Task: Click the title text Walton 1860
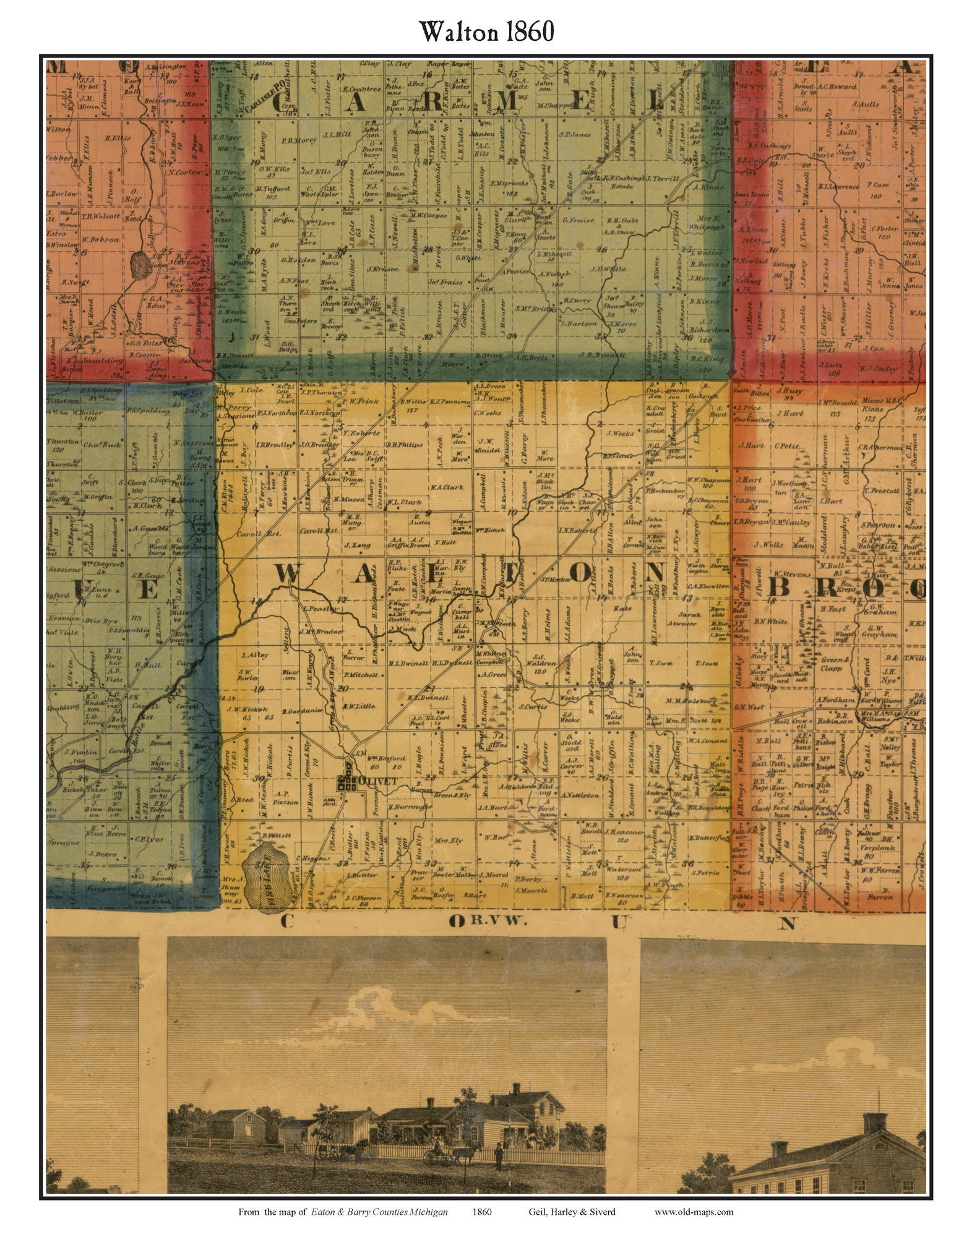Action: point(486,31)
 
